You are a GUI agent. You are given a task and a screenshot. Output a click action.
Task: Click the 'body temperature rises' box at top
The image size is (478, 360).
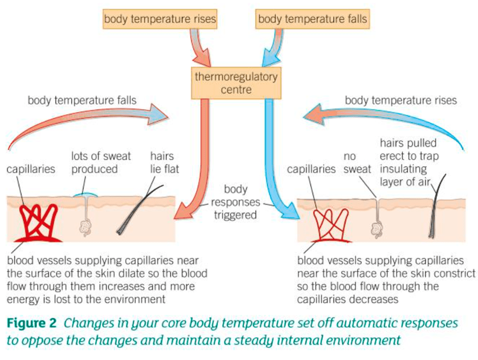[160, 20]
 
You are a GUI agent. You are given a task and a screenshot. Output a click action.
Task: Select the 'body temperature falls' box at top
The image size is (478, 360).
[313, 20]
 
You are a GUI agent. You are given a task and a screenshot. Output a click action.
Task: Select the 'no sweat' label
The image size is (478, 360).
[357, 162]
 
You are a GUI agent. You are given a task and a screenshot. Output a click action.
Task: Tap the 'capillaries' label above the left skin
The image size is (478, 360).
[31, 169]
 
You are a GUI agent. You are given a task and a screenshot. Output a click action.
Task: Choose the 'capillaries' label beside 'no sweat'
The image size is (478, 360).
[311, 169]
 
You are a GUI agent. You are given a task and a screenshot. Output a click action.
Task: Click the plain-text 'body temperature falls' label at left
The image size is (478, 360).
[81, 100]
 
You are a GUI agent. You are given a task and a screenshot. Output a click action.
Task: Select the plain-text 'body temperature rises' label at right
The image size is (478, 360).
[401, 100]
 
